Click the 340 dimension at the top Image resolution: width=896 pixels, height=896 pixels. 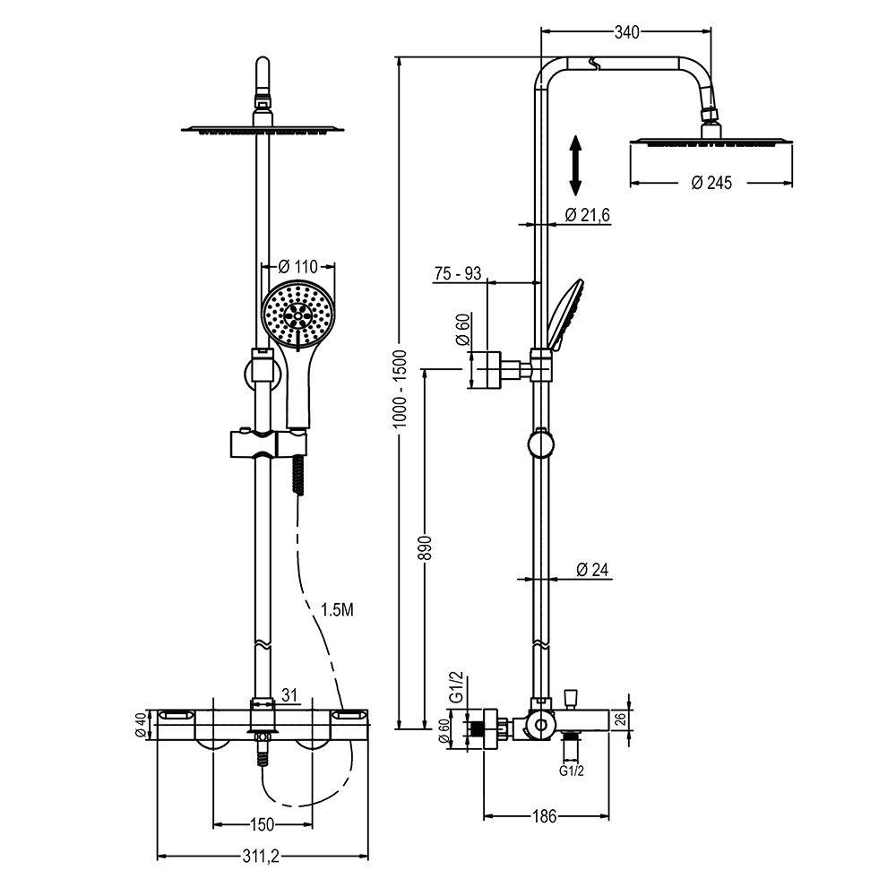(626, 33)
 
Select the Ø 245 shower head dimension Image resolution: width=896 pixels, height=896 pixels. (711, 183)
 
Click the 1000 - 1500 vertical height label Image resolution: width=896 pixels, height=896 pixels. (401, 387)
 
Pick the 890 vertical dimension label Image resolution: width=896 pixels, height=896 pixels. (426, 548)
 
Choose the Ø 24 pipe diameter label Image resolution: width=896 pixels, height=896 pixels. (592, 569)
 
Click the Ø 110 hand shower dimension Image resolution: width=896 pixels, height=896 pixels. (298, 266)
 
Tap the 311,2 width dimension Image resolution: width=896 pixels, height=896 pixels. (262, 857)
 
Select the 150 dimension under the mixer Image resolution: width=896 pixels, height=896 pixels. (262, 823)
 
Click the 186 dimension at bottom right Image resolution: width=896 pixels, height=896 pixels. (545, 816)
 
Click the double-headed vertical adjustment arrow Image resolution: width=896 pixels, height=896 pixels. (576, 165)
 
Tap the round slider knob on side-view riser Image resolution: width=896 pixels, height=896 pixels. (540, 443)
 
